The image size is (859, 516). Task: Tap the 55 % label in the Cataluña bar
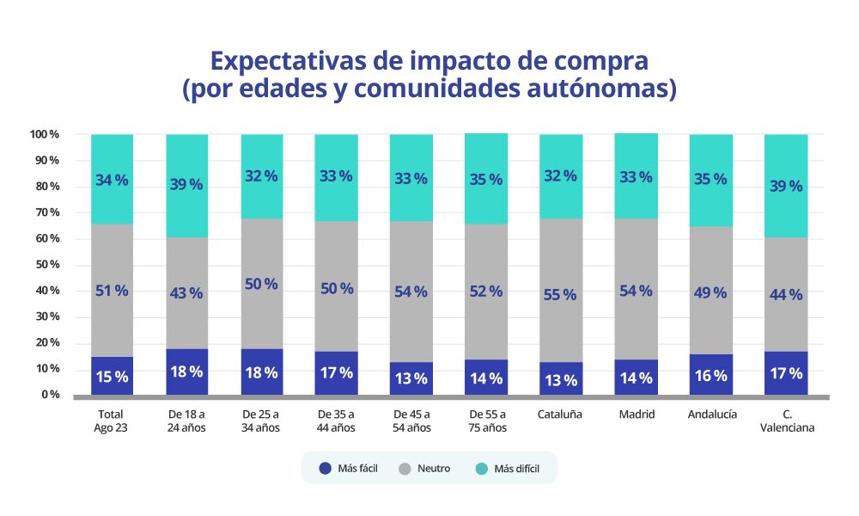[560, 294]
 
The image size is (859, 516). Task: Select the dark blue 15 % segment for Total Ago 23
[112, 377]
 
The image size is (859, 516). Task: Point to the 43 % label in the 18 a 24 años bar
[186, 292]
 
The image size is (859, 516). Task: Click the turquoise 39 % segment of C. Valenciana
[785, 185]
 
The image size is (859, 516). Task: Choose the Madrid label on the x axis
[637, 415]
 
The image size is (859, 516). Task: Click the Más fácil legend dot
[325, 469]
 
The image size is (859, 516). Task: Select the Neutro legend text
[434, 469]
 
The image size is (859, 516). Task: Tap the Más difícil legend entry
[516, 469]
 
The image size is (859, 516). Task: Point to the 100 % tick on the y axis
[44, 134]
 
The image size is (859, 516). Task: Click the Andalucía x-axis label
[711, 415]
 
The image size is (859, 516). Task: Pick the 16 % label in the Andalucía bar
[710, 376]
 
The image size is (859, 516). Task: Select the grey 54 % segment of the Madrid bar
[637, 291]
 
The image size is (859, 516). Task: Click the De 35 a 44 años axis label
[336, 421]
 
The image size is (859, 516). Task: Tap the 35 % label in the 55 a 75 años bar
[485, 180]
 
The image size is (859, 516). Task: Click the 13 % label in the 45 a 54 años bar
[411, 379]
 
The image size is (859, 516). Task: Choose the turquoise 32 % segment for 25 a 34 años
[260, 176]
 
